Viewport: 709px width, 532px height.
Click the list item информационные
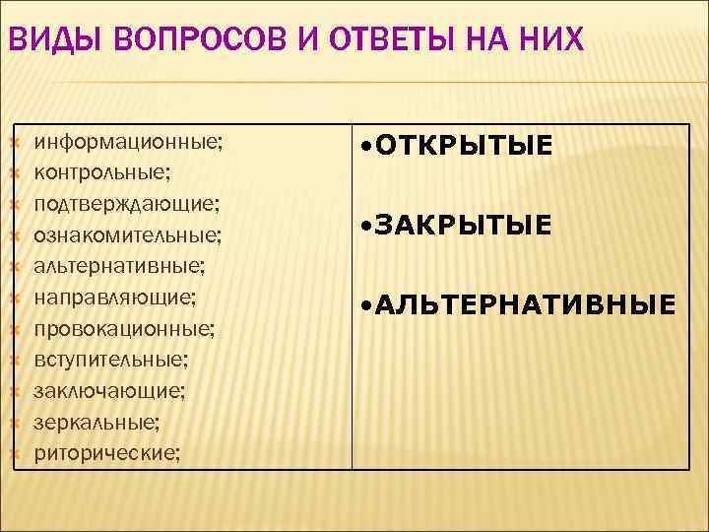click(x=129, y=142)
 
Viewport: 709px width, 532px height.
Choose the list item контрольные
click(x=102, y=173)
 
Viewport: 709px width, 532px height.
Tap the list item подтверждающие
click(x=127, y=204)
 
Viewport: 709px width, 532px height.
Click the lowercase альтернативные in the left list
click(x=120, y=266)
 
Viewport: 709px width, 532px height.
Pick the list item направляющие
click(x=115, y=297)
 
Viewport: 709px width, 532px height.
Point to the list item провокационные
click(x=125, y=328)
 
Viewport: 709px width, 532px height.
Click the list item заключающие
click(x=109, y=391)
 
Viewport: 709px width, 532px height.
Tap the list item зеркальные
click(x=97, y=422)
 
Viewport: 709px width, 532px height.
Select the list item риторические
click(x=107, y=453)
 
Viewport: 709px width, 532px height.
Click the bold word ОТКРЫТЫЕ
click(x=462, y=148)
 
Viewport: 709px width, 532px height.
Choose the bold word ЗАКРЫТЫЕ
click(x=462, y=228)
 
